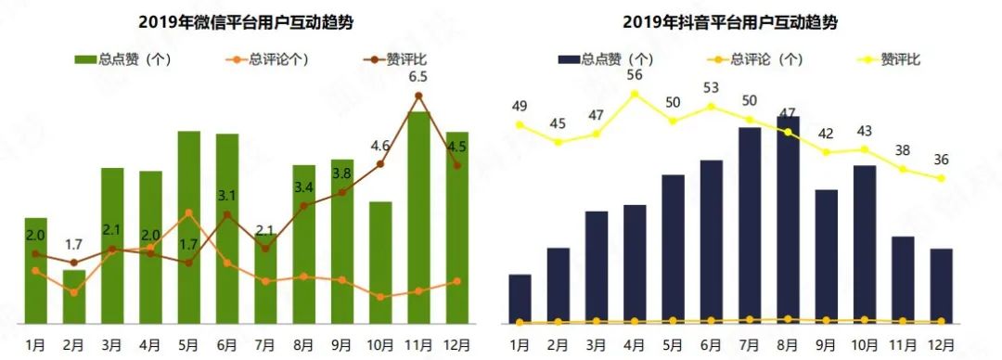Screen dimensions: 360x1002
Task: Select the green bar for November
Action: click(418, 218)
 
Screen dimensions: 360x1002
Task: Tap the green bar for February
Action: click(74, 297)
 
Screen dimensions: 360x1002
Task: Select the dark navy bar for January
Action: click(520, 299)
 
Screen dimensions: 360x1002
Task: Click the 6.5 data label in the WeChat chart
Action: click(418, 77)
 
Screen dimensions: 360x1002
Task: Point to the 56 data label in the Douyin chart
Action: click(635, 75)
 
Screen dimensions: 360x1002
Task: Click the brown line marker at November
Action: click(418, 96)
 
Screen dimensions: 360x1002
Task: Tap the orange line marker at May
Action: click(189, 212)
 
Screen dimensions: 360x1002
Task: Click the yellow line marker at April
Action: click(635, 94)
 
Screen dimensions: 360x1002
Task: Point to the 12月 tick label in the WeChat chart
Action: click(456, 344)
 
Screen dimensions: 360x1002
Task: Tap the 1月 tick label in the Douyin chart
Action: click(520, 344)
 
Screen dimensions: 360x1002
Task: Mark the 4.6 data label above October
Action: click(380, 146)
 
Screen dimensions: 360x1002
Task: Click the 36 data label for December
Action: click(941, 160)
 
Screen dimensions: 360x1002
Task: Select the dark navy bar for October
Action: click(864, 245)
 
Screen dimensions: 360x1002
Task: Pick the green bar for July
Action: click(265, 278)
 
